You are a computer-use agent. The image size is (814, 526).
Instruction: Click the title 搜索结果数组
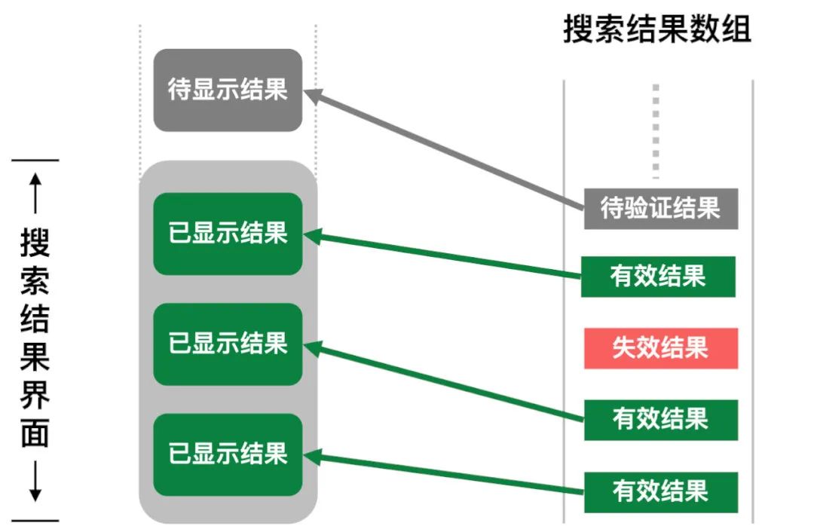tap(657, 31)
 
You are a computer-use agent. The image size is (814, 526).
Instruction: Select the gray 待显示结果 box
tap(228, 90)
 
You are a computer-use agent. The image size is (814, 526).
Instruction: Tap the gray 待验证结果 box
tap(660, 207)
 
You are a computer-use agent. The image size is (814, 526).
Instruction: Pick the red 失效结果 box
tap(660, 348)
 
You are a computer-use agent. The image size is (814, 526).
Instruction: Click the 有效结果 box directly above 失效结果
tap(658, 277)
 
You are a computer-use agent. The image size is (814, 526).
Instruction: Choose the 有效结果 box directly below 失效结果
tap(660, 420)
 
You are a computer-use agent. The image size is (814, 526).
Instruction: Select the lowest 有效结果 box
tap(660, 492)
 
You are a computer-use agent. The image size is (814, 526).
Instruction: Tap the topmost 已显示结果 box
tap(228, 234)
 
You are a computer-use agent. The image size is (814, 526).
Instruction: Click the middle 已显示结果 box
tap(228, 344)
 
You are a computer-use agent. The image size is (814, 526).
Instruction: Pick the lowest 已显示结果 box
tap(228, 454)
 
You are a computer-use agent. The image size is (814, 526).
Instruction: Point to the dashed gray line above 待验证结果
tap(656, 132)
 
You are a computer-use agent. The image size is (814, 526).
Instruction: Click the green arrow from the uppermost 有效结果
tap(445, 255)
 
